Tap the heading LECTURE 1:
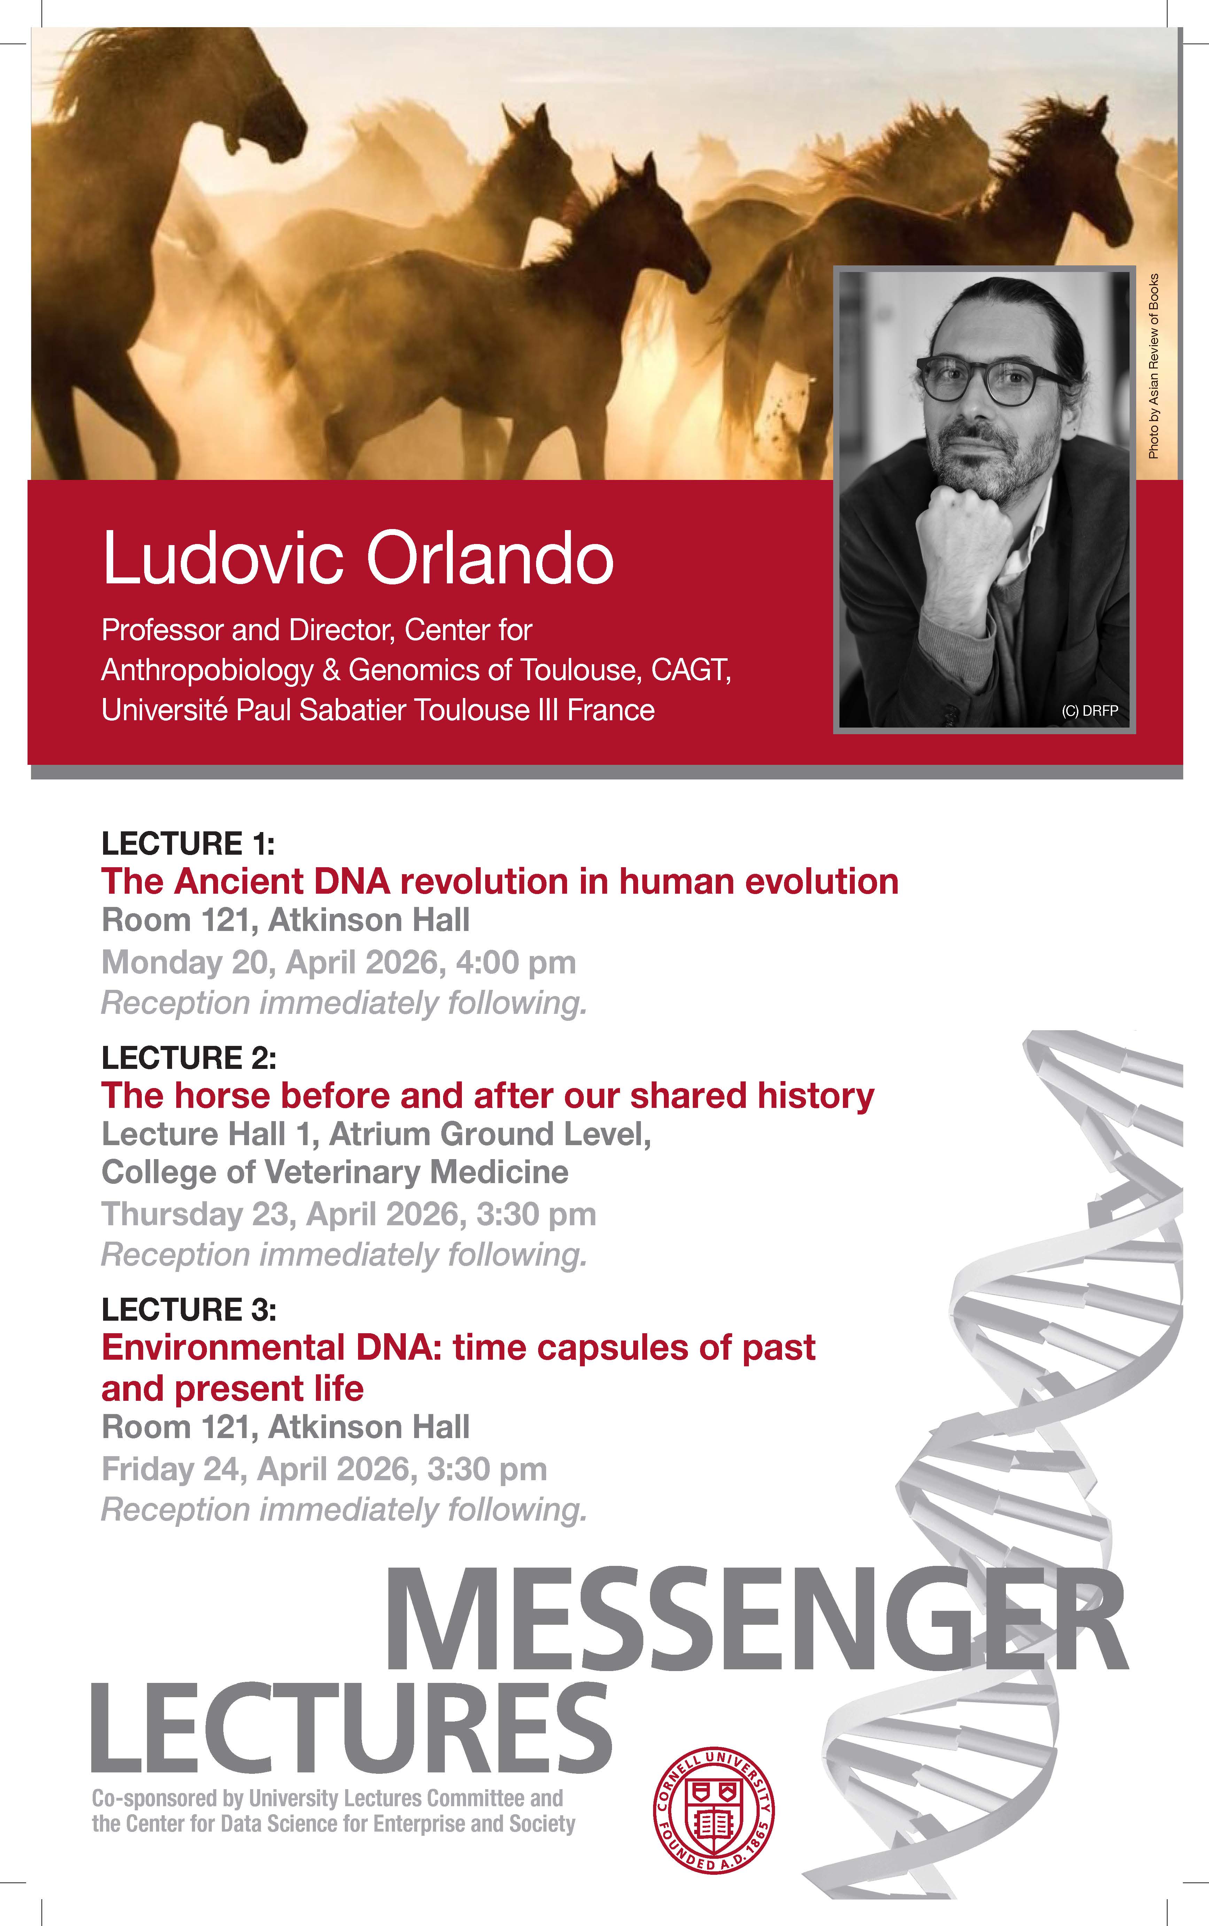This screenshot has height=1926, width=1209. tap(188, 844)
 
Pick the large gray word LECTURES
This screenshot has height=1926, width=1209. tap(352, 1727)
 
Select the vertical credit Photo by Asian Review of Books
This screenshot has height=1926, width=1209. tap(1153, 366)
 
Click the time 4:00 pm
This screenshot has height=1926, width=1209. tap(516, 963)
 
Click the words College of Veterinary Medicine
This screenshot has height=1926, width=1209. tap(335, 1172)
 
